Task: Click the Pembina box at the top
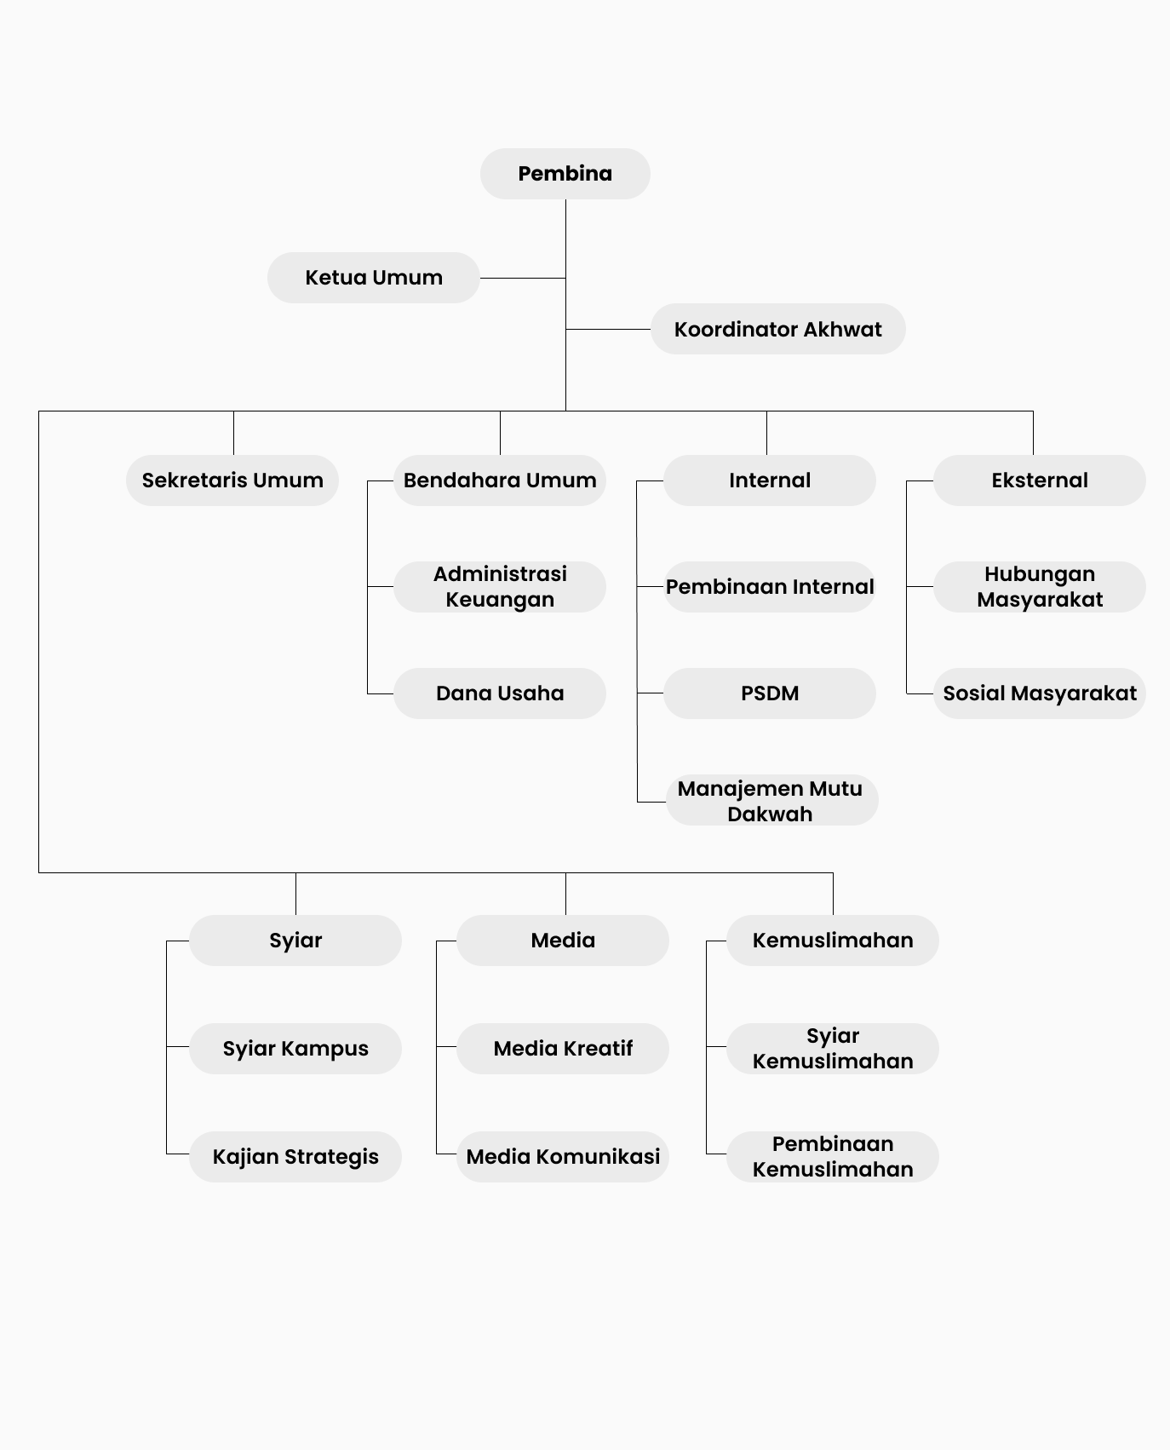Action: point(565,174)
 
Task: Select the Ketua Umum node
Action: point(374,278)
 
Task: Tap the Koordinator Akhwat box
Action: point(778,329)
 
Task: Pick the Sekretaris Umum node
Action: point(232,480)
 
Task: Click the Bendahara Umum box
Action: point(500,480)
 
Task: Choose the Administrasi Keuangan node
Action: point(500,587)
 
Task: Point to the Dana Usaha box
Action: point(500,693)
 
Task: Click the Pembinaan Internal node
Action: point(770,587)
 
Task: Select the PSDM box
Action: point(770,693)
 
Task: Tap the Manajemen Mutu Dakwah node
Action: point(771,800)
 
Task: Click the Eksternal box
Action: point(1040,480)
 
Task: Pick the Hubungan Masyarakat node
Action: point(1040,587)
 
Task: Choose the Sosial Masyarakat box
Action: point(1040,693)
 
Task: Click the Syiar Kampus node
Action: point(295,1049)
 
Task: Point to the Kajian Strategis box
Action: point(295,1157)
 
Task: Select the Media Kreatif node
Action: point(563,1049)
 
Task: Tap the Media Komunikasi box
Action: point(563,1157)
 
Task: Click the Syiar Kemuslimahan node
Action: point(833,1049)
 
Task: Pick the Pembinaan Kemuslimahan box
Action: point(833,1157)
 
